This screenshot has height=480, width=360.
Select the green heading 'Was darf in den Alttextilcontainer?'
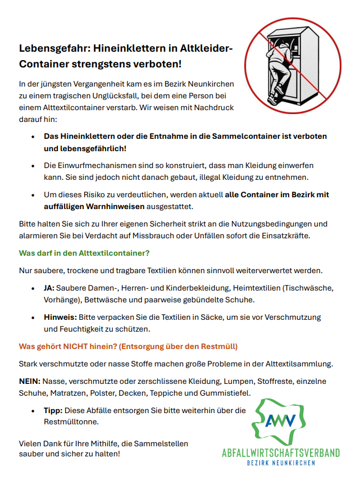(x=84, y=253)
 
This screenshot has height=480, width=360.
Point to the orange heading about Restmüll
(x=128, y=346)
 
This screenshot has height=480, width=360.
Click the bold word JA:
(x=49, y=288)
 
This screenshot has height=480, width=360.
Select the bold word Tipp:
(x=55, y=410)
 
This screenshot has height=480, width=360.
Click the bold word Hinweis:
(x=61, y=317)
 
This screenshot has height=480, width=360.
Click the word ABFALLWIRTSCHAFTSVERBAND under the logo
(x=281, y=452)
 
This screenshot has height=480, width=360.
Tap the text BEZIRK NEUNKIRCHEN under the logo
(x=281, y=463)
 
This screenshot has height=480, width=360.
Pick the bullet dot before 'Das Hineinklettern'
(x=33, y=137)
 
